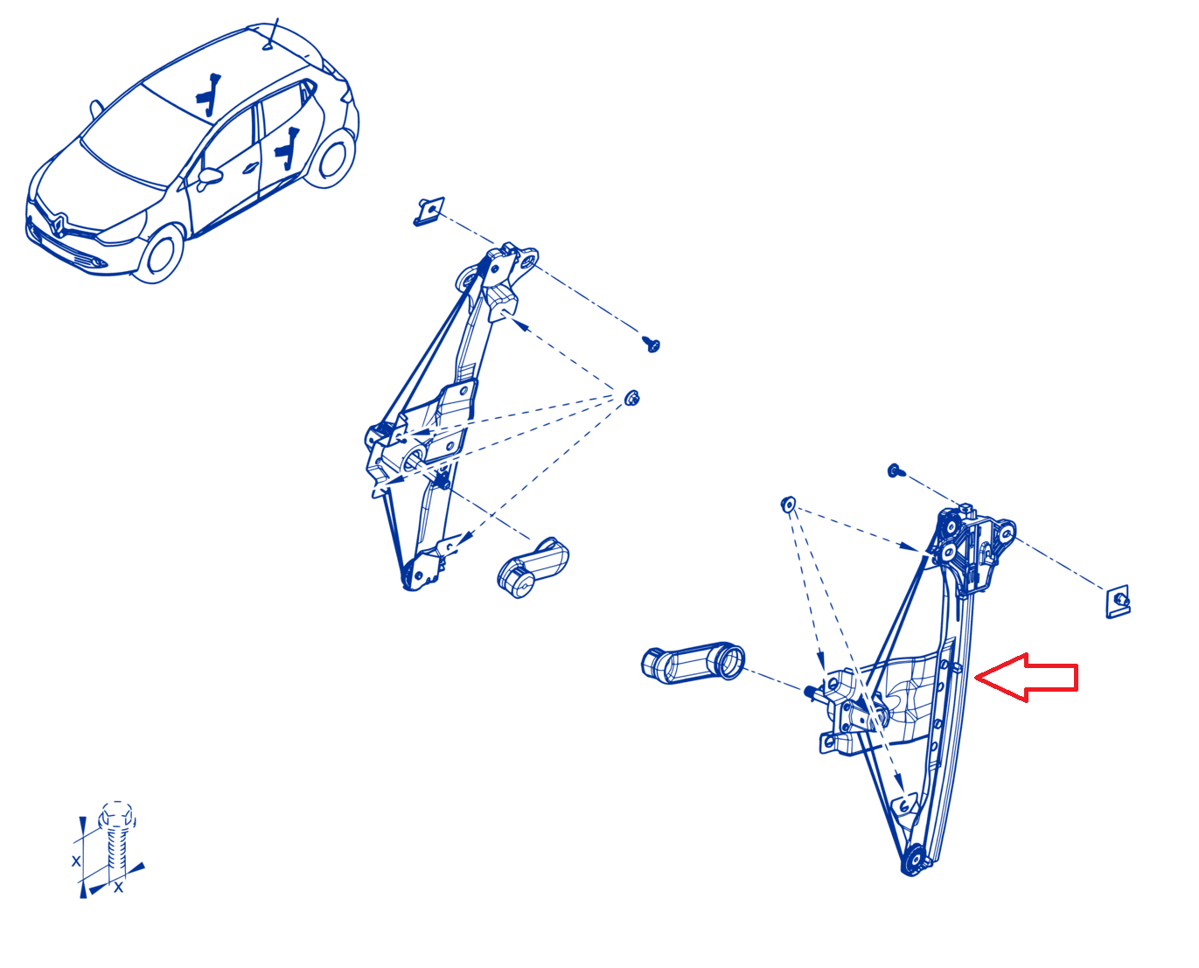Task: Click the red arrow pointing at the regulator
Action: click(1026, 678)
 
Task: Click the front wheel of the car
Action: click(162, 253)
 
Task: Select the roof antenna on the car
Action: click(271, 34)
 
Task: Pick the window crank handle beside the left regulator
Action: click(533, 568)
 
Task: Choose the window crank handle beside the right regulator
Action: click(693, 663)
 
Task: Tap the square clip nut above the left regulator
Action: click(429, 212)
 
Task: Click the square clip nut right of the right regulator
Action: click(1118, 602)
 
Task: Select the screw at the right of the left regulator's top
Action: click(652, 344)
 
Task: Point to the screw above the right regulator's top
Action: click(895, 470)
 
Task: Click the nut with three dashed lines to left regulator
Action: click(632, 398)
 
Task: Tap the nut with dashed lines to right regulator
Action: click(788, 504)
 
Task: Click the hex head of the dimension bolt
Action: click(116, 816)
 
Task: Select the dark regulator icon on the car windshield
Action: click(209, 94)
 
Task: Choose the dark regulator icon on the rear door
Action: click(287, 149)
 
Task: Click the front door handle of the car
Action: click(249, 168)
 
